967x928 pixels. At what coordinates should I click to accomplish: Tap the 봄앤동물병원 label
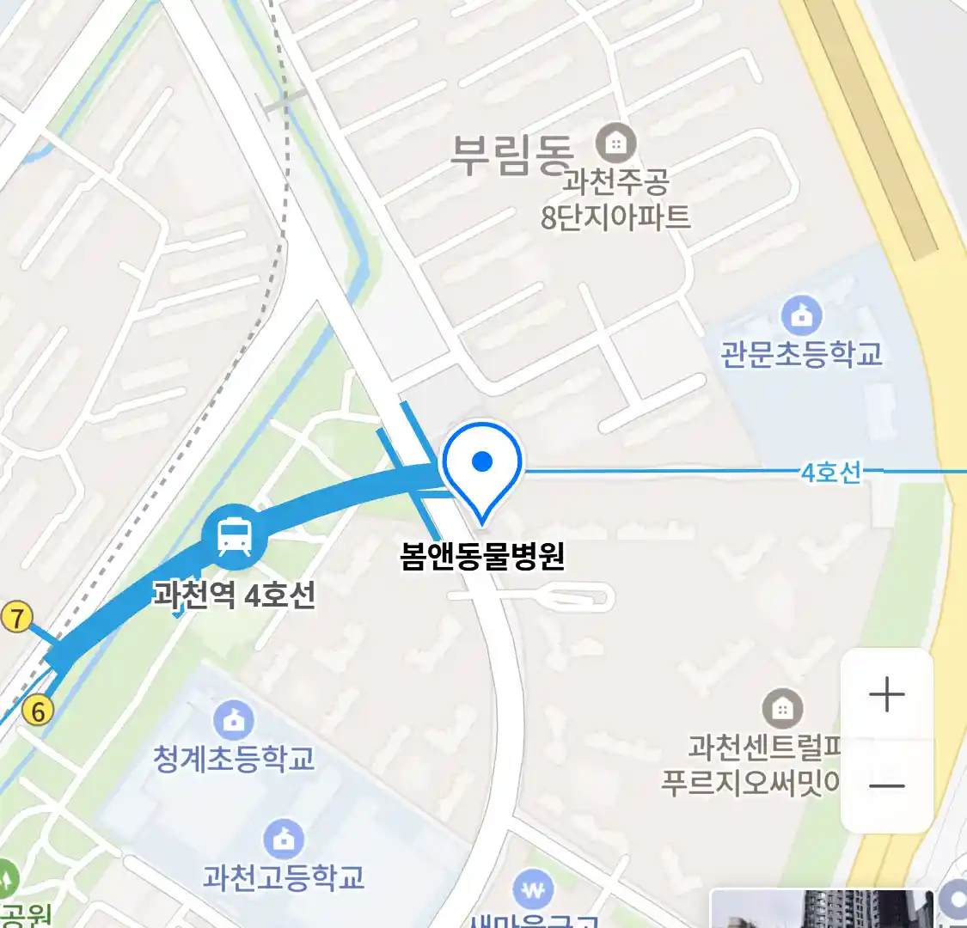pos(482,557)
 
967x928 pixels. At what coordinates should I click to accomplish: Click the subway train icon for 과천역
pos(234,537)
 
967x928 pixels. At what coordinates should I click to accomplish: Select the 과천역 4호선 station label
pos(234,595)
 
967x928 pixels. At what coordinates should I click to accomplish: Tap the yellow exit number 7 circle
pos(16,617)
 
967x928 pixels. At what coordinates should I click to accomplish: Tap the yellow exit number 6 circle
pos(37,711)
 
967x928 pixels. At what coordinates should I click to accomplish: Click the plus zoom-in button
pos(886,694)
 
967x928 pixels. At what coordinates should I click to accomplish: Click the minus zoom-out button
pos(886,785)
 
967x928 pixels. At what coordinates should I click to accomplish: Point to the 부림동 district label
pos(512,156)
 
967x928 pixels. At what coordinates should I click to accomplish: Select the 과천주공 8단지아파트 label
pos(615,199)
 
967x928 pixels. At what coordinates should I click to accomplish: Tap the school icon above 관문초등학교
pos(801,316)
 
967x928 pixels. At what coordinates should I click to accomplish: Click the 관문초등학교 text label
pos(801,353)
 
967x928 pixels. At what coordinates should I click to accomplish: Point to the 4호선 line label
pos(830,472)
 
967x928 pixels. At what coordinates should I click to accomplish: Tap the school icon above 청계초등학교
pos(233,720)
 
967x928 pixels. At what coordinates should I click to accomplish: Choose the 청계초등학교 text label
pos(233,759)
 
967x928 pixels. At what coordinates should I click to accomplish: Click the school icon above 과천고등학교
pos(284,839)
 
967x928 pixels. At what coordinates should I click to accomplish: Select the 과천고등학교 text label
pos(284,877)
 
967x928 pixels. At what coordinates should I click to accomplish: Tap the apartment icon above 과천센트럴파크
pos(781,709)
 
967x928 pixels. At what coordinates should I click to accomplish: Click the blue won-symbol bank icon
pos(533,890)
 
